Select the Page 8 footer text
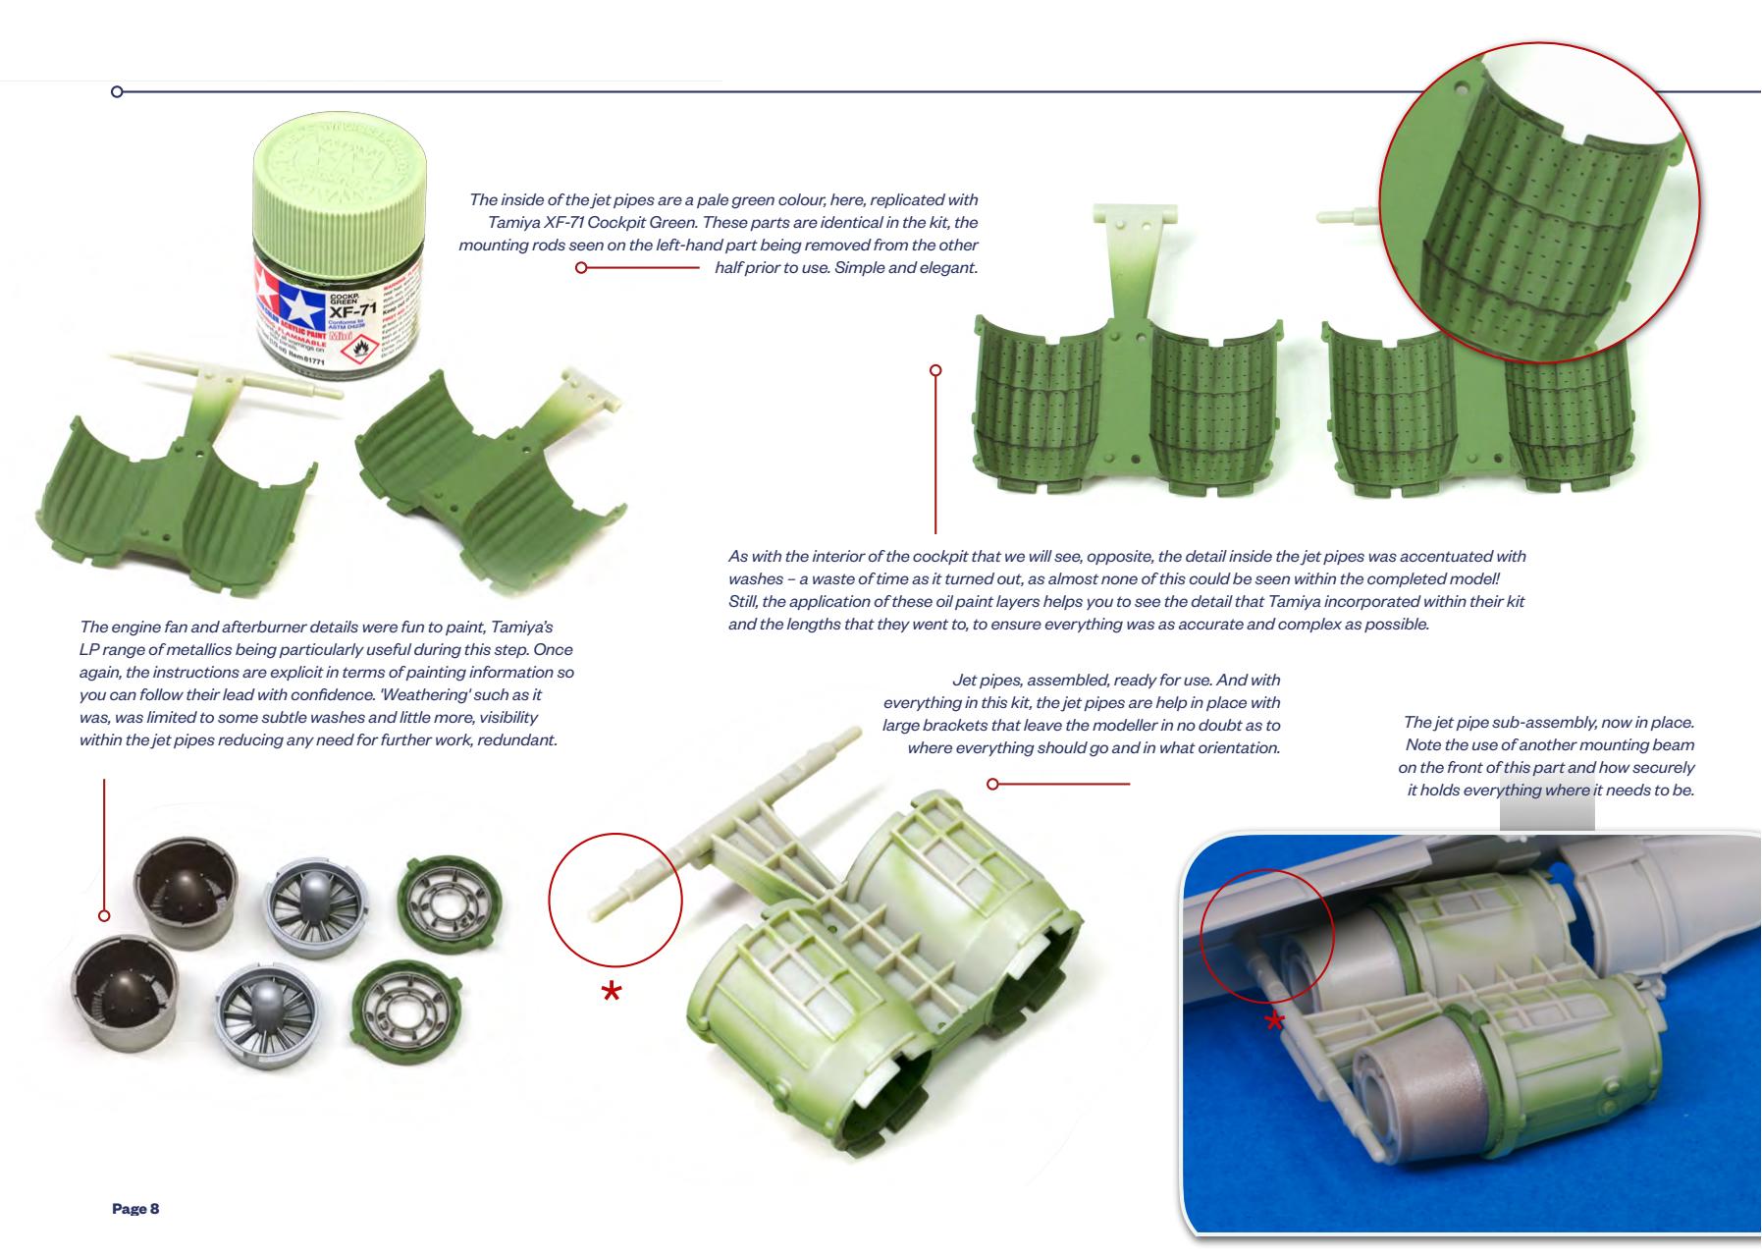pyautogui.click(x=135, y=1208)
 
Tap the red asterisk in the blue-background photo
pyautogui.click(x=1274, y=1022)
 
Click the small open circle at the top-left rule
pyautogui.click(x=117, y=92)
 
